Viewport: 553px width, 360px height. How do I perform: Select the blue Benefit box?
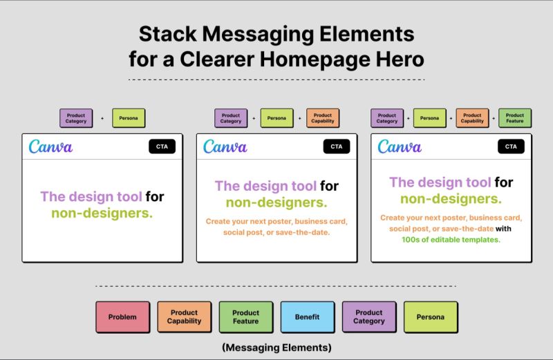(x=307, y=317)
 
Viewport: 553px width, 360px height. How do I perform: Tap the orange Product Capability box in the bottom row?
(x=184, y=317)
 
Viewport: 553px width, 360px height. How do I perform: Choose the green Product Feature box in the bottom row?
(x=245, y=317)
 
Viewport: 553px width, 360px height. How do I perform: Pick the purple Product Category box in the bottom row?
(x=369, y=317)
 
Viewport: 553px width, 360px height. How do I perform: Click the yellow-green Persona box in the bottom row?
(x=431, y=317)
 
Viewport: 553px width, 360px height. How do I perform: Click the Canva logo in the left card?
(x=50, y=146)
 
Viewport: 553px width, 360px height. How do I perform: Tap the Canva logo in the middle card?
(x=225, y=146)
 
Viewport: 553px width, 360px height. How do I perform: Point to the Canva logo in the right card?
(x=400, y=146)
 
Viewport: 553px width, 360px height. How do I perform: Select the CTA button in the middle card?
(x=336, y=146)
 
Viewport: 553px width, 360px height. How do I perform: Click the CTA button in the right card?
(x=511, y=146)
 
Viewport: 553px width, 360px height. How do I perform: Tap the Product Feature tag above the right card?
(x=515, y=118)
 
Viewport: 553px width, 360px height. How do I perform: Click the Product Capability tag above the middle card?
(x=322, y=118)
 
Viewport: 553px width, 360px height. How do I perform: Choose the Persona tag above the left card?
(x=129, y=118)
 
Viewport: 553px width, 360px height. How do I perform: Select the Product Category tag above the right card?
(x=387, y=118)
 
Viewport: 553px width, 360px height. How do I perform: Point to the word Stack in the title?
(x=165, y=34)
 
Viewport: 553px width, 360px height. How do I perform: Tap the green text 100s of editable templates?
(x=450, y=240)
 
